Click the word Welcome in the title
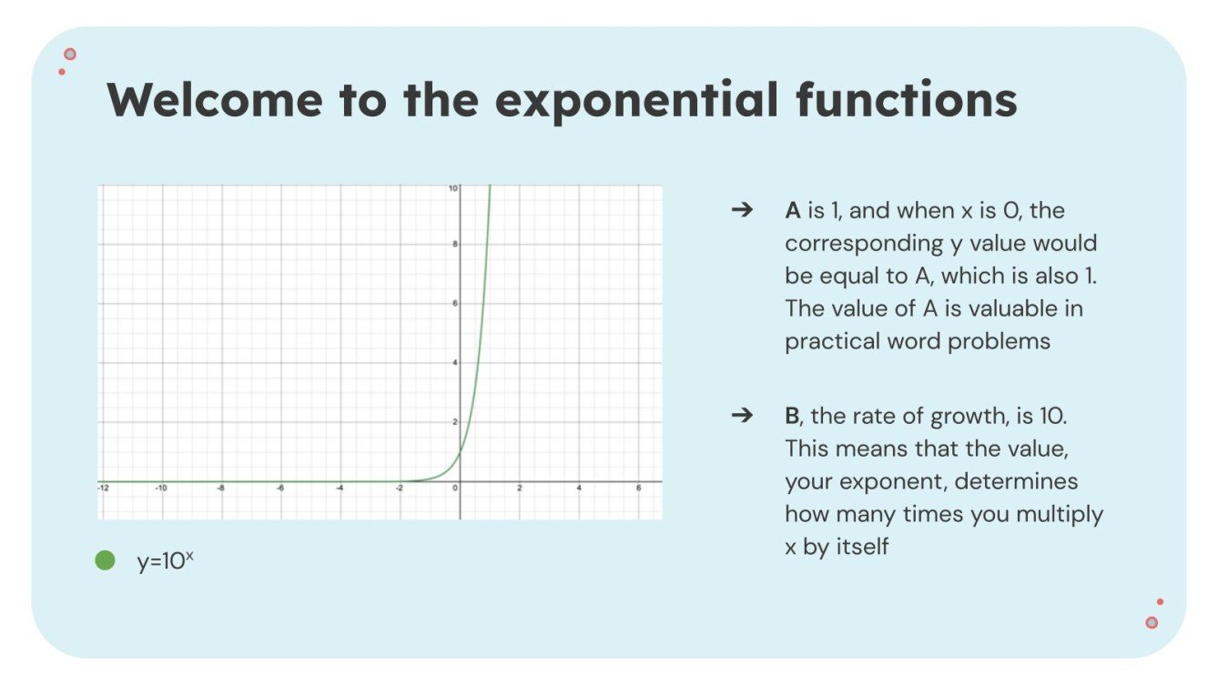(215, 99)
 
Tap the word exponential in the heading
(636, 99)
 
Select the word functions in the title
(906, 99)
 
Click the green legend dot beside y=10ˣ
(106, 560)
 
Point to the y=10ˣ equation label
(165, 561)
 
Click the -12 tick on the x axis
(103, 489)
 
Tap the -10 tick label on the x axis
(161, 489)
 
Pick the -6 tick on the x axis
(279, 489)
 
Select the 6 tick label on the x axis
(637, 489)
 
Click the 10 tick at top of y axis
(452, 188)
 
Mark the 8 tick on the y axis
(454, 245)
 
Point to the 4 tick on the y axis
(454, 363)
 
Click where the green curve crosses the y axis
(461, 451)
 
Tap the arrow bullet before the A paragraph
(742, 210)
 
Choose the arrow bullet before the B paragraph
(742, 416)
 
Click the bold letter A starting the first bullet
(792, 210)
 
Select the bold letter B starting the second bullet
(791, 416)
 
